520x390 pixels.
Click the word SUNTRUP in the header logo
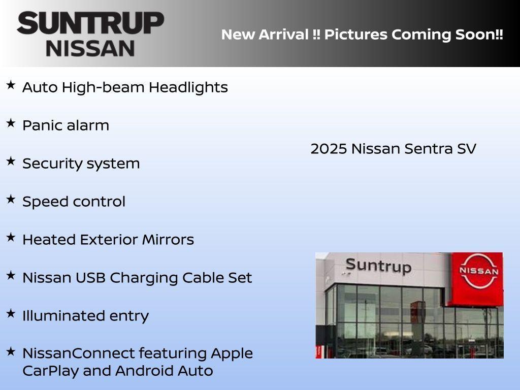point(90,23)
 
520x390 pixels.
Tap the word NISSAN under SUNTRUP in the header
point(90,48)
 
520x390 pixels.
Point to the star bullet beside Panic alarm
point(11,123)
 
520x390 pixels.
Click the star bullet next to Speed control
point(11,199)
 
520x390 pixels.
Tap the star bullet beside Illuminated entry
point(11,313)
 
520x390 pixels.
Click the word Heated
point(48,240)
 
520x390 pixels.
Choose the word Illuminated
point(57,316)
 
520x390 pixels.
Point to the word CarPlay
point(50,371)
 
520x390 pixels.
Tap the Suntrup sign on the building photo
point(378,265)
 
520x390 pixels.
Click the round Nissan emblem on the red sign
point(478,271)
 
